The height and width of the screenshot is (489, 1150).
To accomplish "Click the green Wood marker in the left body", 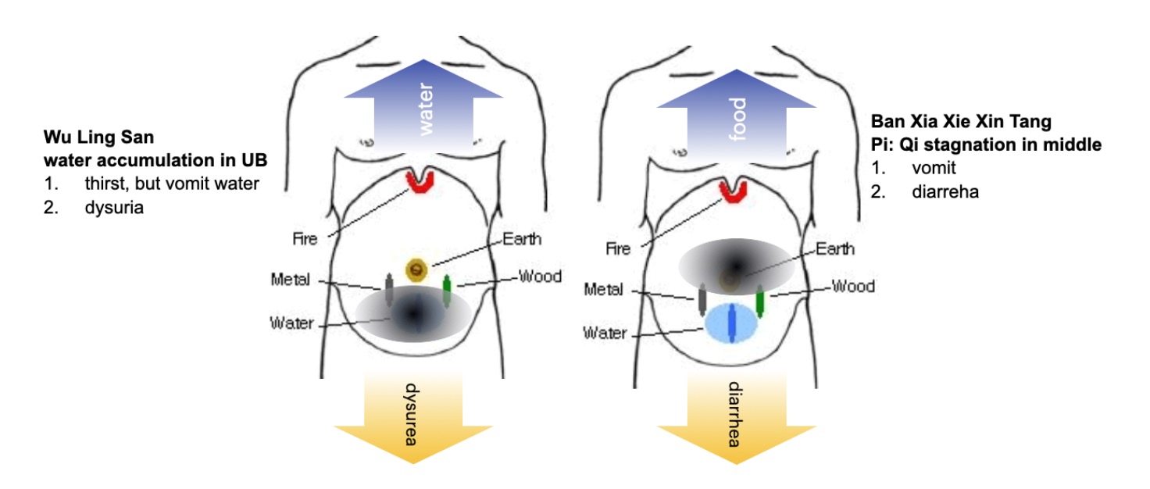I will coord(447,291).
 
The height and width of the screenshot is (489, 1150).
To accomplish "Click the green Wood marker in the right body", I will coord(759,302).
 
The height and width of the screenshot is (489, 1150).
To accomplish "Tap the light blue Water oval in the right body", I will coord(732,324).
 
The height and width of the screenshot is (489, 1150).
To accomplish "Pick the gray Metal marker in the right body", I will coord(702,301).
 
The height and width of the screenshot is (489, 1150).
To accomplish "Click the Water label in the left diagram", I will coord(291,323).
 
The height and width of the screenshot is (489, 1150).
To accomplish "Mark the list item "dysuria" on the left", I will coord(114,209).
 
